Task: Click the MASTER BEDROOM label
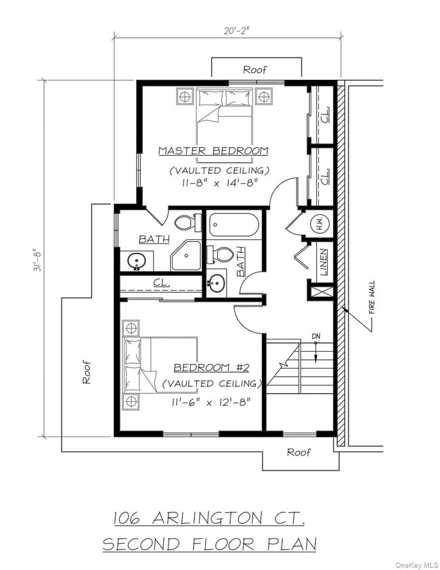point(213,150)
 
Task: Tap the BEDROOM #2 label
point(211,367)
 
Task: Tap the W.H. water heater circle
point(320,223)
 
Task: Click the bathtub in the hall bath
point(234,224)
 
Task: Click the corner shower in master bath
point(186,256)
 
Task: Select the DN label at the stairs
point(315,336)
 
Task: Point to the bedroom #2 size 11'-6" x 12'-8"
point(212,401)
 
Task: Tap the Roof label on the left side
point(87,371)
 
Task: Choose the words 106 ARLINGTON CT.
point(209,518)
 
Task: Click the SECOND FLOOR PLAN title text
point(209,544)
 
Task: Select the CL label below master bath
point(161,282)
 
